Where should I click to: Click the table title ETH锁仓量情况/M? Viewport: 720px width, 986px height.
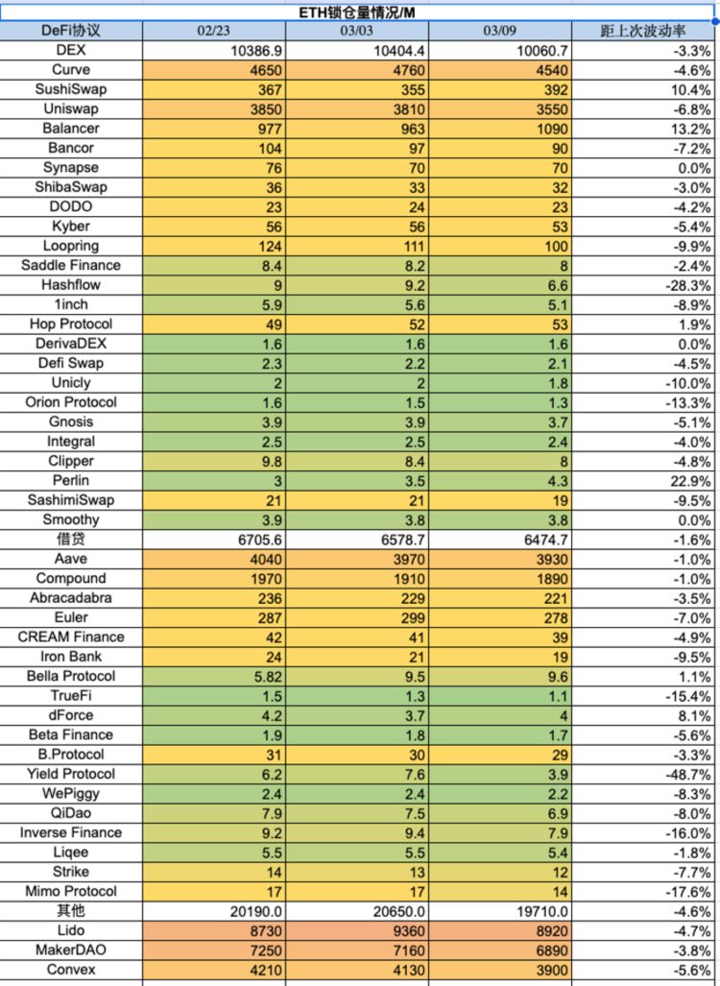359,11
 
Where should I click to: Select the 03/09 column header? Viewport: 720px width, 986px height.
500,31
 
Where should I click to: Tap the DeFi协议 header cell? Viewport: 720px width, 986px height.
71,31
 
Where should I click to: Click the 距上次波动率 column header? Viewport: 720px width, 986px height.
643,31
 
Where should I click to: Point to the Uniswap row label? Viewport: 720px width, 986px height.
71,108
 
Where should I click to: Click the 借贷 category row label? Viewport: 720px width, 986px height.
71,540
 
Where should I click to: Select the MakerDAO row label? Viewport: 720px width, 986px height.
71,950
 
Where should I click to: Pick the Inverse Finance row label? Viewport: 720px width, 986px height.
71,832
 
